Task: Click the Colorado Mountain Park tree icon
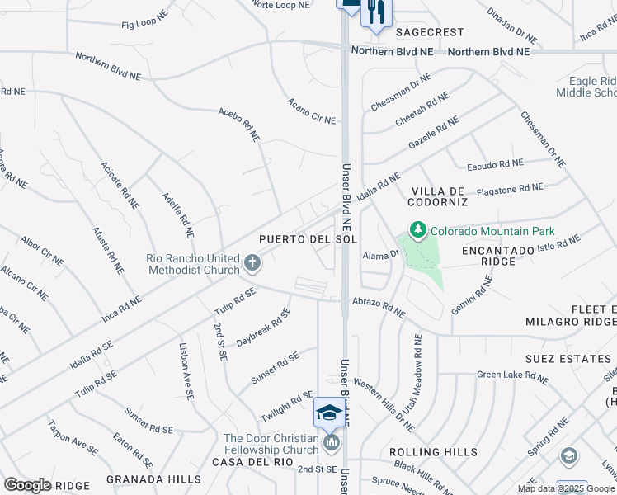click(x=418, y=230)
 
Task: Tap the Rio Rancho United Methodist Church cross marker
click(x=252, y=264)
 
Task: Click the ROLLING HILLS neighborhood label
click(x=433, y=452)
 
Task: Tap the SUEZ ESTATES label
click(x=568, y=359)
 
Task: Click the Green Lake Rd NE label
click(x=511, y=376)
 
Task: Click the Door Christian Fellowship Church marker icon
click(x=332, y=445)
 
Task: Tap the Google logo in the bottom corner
click(x=26, y=485)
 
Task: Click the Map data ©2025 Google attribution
click(x=565, y=488)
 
